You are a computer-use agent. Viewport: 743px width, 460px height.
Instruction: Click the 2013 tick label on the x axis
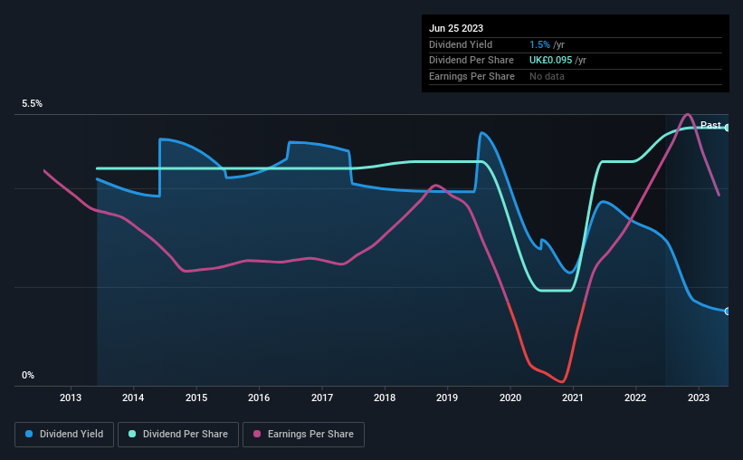[70, 398]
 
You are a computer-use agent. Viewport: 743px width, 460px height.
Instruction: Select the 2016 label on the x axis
[259, 398]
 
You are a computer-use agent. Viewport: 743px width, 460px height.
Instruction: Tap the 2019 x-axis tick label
[447, 398]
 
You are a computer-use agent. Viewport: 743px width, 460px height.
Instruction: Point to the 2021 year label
[573, 398]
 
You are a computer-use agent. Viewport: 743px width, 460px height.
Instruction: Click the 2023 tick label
[698, 398]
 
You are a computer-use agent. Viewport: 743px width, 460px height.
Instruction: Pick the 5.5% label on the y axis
[33, 103]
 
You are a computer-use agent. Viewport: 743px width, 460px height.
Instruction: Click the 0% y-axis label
[28, 375]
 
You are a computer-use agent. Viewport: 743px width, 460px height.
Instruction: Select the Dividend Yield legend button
[64, 435]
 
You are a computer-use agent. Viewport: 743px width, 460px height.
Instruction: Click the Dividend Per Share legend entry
[178, 435]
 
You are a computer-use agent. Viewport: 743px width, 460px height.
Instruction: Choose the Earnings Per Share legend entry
[303, 435]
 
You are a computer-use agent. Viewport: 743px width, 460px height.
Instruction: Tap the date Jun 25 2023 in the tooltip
[456, 28]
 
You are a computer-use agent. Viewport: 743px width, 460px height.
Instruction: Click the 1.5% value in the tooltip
[539, 44]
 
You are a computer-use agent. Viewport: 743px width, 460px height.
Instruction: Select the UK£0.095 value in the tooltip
[550, 61]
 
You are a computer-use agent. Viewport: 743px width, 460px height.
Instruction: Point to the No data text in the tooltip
[547, 76]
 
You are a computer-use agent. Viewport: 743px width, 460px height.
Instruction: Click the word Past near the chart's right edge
[710, 125]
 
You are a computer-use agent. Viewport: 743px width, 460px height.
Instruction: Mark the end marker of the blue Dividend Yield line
[728, 311]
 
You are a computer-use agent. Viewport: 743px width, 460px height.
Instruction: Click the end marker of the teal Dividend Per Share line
[728, 128]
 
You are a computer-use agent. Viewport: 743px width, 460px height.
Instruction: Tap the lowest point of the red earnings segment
[562, 381]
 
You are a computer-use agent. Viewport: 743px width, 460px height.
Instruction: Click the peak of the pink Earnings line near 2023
[688, 114]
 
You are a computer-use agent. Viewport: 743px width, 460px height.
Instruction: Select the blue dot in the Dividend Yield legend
[29, 434]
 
